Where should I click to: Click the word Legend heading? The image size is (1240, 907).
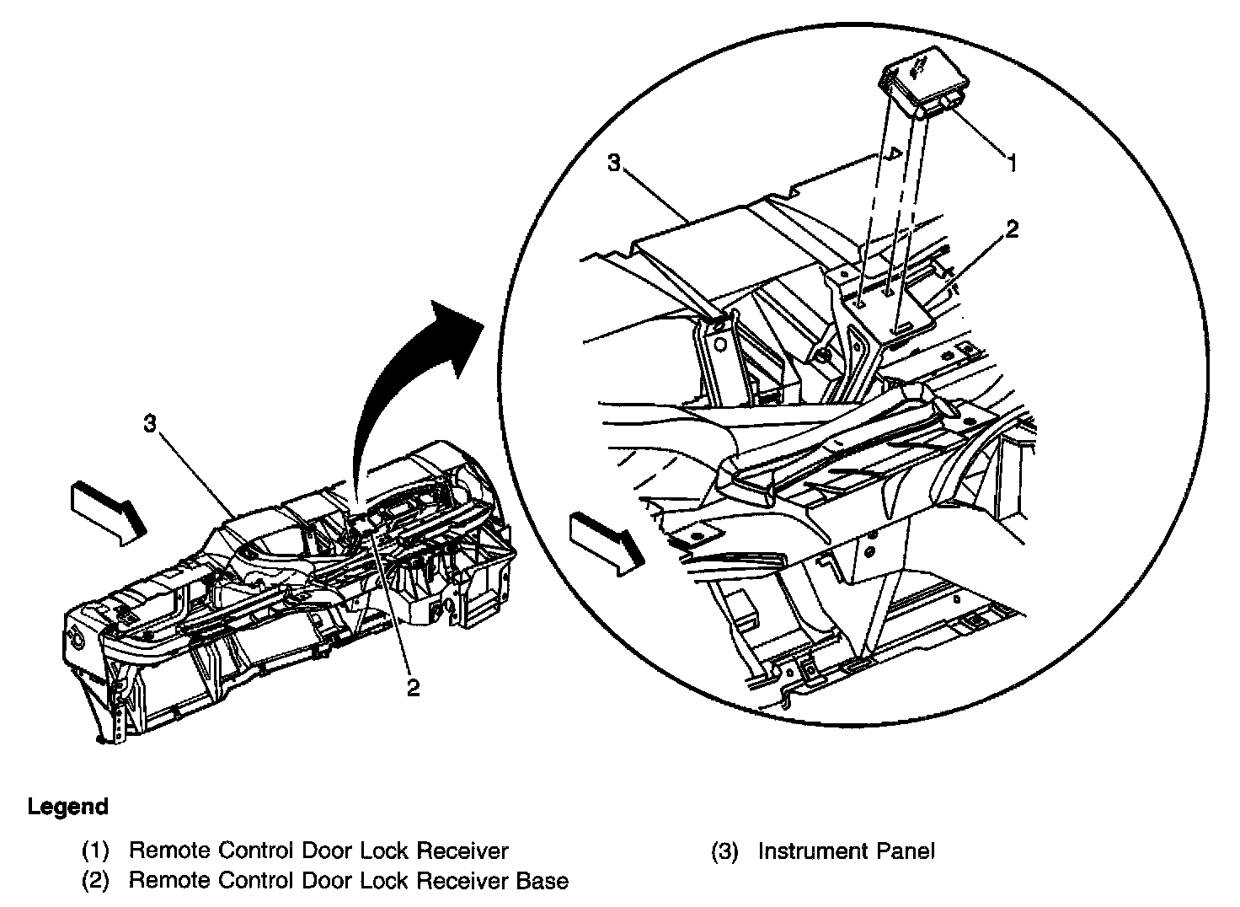click(68, 807)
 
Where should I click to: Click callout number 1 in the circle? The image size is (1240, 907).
click(1013, 163)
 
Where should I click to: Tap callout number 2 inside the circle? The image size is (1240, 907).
click(1012, 229)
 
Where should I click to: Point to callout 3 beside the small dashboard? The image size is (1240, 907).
click(150, 425)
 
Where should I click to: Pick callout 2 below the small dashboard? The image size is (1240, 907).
click(413, 688)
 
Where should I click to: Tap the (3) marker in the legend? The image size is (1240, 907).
click(725, 851)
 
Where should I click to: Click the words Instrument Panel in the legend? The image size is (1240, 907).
click(846, 851)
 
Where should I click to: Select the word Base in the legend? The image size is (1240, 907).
click(541, 882)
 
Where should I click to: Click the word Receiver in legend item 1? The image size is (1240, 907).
click(463, 851)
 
